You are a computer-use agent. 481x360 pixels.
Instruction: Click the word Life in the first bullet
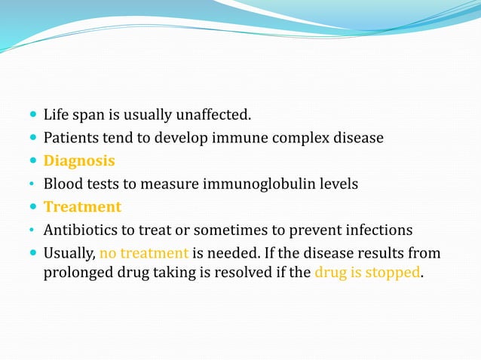(55, 115)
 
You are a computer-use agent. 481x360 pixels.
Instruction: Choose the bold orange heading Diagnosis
(79, 160)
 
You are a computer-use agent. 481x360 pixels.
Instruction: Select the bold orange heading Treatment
(82, 206)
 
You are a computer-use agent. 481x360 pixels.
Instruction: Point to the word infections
(380, 229)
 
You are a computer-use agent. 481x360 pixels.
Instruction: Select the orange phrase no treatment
(144, 252)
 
